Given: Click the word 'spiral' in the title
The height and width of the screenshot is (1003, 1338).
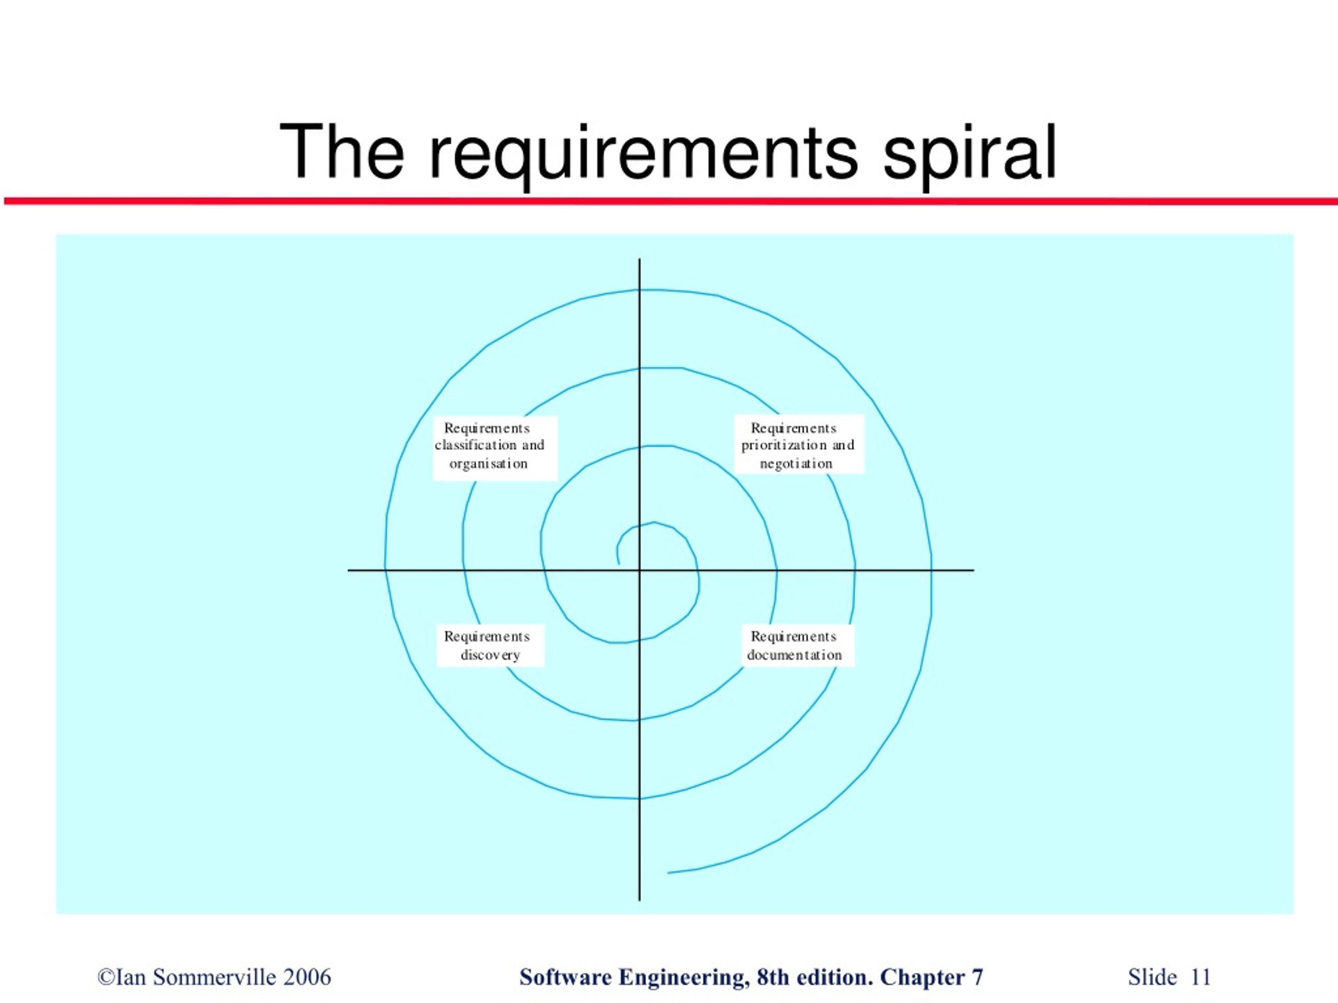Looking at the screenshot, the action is (x=970, y=154).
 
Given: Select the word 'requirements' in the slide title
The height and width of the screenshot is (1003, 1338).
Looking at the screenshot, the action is (x=643, y=154).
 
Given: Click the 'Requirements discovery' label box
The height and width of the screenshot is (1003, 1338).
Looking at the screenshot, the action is (x=491, y=645).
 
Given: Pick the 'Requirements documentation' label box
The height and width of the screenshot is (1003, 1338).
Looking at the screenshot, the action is (x=799, y=645).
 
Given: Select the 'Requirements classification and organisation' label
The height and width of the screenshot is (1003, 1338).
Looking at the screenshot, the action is (x=495, y=448).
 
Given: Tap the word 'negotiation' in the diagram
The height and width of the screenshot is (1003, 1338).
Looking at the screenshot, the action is (x=796, y=464).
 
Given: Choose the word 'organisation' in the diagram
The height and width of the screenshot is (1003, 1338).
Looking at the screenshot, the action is (x=489, y=464).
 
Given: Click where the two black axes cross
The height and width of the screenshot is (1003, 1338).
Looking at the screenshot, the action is (x=639, y=570).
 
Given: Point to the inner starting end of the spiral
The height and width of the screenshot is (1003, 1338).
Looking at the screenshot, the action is (x=618, y=564).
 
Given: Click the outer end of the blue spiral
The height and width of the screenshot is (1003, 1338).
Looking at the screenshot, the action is (x=668, y=872).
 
